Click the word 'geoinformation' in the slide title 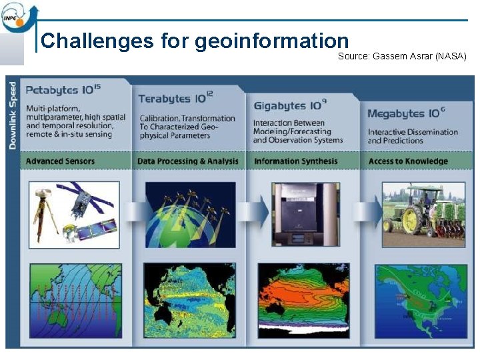(272, 41)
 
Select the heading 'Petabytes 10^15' (63, 89)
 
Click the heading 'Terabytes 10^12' (175, 99)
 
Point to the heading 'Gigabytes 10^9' (289, 105)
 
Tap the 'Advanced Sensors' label (60, 161)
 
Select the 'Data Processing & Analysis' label (187, 161)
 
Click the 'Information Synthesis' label (295, 161)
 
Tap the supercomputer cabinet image (303, 213)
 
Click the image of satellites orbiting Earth (190, 214)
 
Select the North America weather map (420, 298)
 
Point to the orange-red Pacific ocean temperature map (303, 298)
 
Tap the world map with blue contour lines (75, 298)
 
